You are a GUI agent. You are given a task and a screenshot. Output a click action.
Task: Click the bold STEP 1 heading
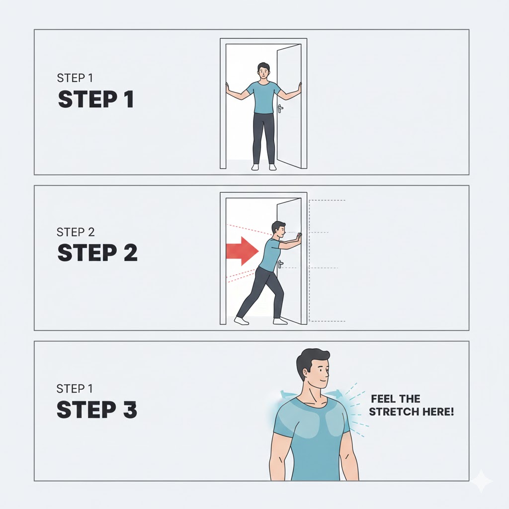click(96, 99)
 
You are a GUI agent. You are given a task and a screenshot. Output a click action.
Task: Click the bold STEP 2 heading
click(97, 253)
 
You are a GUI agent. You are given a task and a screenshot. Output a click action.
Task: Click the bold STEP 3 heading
click(97, 410)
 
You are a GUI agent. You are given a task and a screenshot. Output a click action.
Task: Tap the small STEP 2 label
click(76, 232)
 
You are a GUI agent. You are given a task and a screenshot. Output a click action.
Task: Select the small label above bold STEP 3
click(75, 389)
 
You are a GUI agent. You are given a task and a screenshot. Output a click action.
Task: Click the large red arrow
click(242, 251)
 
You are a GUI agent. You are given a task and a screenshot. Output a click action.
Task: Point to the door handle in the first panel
click(280, 108)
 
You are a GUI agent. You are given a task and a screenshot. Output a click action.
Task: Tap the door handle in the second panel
click(280, 264)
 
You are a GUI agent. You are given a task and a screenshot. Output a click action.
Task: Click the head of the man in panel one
click(263, 71)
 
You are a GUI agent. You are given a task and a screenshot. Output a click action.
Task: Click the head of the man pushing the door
click(279, 230)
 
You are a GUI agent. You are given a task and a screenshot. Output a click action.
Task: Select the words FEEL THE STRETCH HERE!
click(411, 405)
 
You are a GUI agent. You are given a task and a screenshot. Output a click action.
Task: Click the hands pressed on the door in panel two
click(298, 235)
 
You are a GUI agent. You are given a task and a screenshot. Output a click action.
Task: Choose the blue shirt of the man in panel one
click(263, 97)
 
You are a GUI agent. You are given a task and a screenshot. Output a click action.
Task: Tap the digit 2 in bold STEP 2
click(131, 253)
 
